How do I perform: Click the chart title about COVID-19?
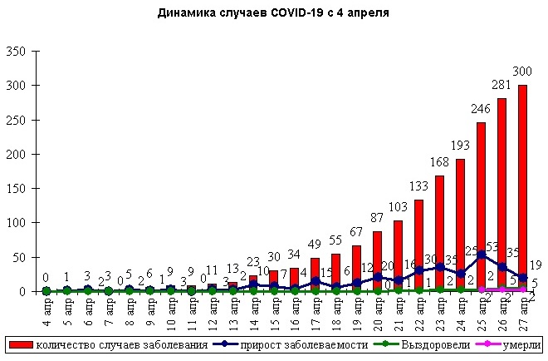[273, 14]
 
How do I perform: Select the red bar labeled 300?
[522, 187]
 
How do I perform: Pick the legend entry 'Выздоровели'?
[423, 344]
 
